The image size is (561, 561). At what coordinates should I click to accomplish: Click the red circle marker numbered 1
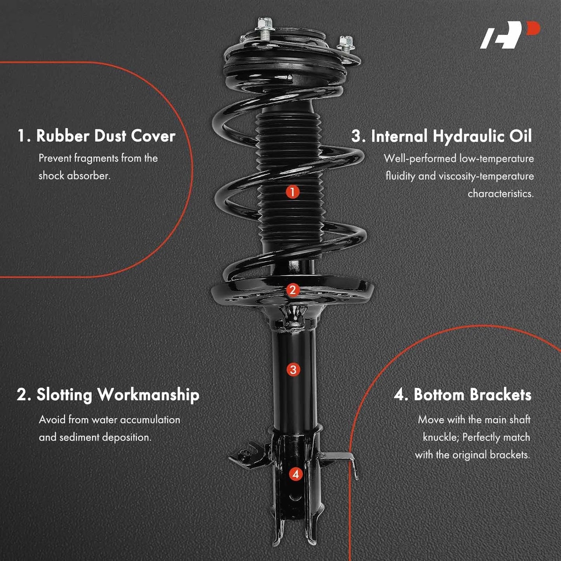293,192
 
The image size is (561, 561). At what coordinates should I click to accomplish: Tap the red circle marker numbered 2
293,290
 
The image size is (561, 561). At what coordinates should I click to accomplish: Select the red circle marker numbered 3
293,370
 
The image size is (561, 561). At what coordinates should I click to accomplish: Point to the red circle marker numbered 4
296,474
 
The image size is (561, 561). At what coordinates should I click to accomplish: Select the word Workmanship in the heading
148,395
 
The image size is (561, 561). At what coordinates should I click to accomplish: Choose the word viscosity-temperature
486,176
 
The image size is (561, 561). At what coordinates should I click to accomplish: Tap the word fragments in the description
96,159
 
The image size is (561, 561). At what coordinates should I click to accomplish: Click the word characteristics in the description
501,194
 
